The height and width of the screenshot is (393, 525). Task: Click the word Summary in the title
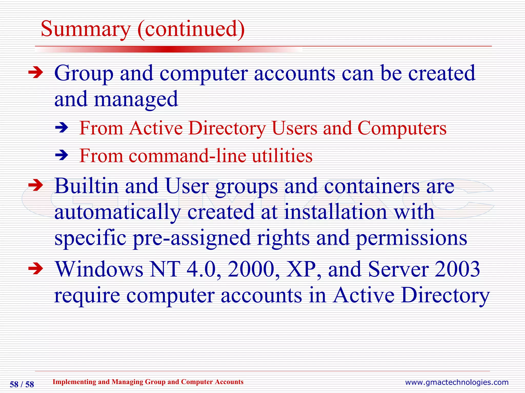pos(86,29)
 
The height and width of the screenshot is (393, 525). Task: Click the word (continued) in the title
pos(191,29)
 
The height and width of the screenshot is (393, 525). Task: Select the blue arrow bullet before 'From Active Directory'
pos(62,128)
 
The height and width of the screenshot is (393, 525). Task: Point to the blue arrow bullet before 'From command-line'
pos(62,155)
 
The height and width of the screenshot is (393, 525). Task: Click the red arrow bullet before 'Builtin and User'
pos(36,185)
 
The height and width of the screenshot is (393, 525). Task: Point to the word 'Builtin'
pos(87,186)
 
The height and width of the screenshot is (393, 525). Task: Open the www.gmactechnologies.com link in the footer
pos(457,382)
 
